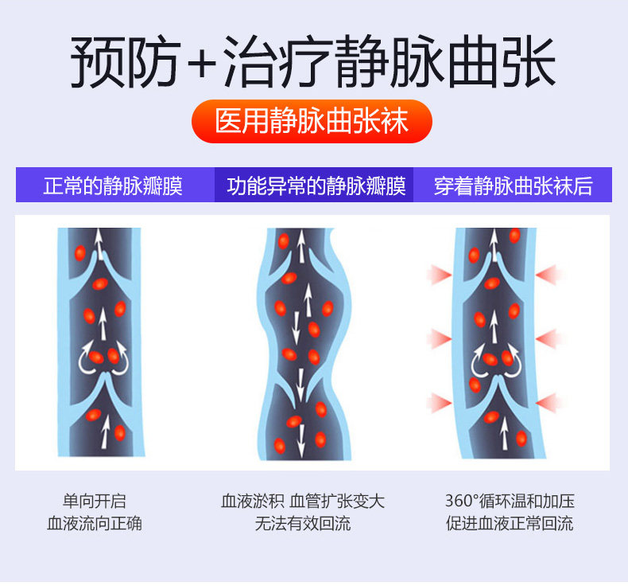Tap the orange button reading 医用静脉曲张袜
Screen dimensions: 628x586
click(312, 121)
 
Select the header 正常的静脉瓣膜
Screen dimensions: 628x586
click(113, 186)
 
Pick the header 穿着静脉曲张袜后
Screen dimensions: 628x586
click(514, 186)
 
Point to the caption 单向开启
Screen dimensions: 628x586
click(95, 502)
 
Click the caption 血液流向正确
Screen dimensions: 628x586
click(95, 524)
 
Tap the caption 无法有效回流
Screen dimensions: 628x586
click(302, 524)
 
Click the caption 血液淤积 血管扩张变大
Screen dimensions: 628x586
click(302, 502)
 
